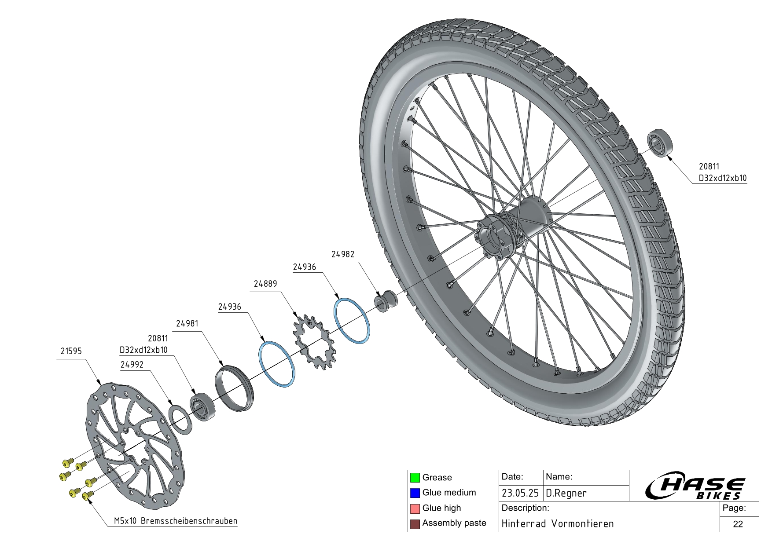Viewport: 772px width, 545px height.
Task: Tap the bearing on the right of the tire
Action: (662, 143)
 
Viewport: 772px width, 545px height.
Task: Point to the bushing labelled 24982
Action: (386, 301)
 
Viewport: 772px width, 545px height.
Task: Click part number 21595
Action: (71, 351)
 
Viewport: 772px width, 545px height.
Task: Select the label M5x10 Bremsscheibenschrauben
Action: (176, 521)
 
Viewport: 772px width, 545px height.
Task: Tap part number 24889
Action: (265, 284)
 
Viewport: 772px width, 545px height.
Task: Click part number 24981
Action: (187, 323)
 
